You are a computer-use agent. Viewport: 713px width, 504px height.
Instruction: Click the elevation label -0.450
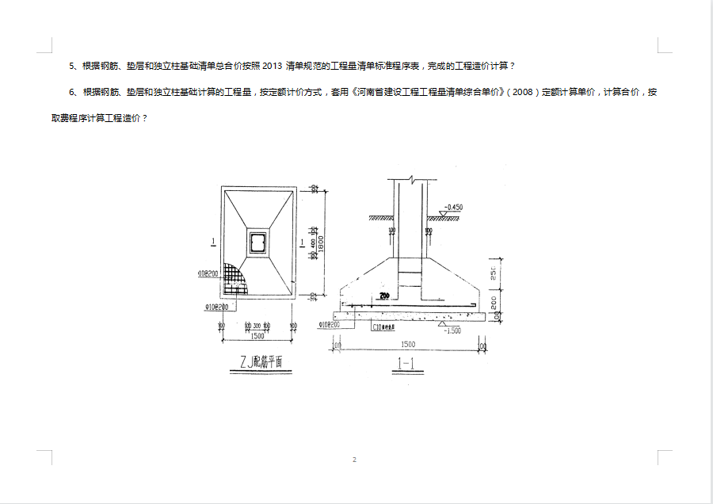[x=454, y=207]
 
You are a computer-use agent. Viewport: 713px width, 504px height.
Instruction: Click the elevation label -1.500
[x=452, y=330]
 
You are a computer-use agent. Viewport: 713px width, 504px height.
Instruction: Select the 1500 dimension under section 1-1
[x=407, y=344]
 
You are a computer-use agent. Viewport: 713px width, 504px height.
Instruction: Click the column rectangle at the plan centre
[x=257, y=242]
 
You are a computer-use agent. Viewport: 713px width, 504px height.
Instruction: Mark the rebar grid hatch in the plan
[x=235, y=277]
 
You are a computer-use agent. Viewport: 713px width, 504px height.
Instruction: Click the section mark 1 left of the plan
[x=214, y=240]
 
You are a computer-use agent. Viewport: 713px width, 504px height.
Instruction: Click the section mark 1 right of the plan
[x=303, y=240]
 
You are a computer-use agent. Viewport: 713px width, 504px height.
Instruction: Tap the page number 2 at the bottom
[x=354, y=460]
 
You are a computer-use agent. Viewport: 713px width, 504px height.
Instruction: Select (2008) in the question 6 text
[x=522, y=92]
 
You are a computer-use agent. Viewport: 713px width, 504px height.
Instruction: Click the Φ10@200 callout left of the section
[x=329, y=325]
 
